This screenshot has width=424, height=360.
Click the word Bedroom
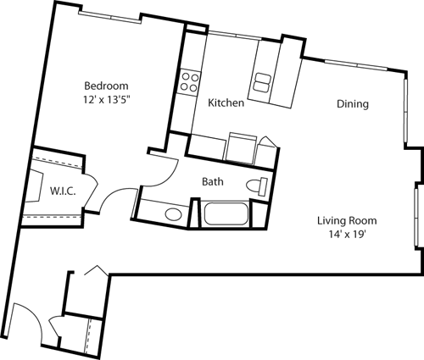point(106,86)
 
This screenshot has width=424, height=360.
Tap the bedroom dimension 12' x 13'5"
point(106,99)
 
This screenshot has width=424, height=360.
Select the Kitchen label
point(226,102)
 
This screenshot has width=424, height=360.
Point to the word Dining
point(351,105)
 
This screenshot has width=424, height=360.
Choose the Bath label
point(213,181)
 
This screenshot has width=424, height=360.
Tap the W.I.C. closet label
point(64,191)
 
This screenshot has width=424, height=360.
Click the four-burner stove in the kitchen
point(189,82)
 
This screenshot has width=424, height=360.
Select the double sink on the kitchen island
point(262,82)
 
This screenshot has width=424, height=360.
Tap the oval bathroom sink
point(174,213)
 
